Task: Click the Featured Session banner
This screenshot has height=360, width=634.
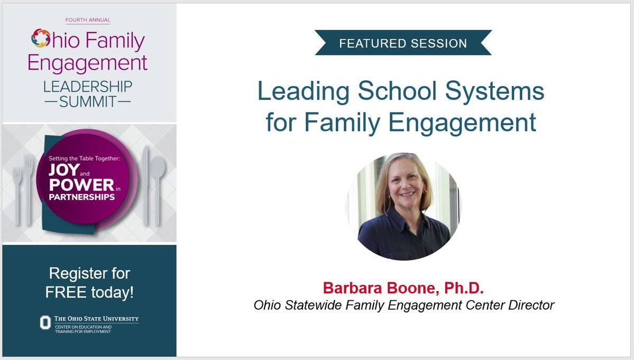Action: tap(403, 43)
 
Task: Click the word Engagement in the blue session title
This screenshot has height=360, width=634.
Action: tap(463, 122)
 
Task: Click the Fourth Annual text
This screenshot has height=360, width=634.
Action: tap(88, 20)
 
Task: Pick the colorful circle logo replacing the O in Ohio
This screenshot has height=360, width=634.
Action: tap(41, 39)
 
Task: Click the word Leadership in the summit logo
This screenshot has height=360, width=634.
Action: tap(88, 86)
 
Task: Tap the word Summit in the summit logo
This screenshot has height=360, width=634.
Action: tap(88, 101)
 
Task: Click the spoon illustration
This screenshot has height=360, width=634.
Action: tap(158, 185)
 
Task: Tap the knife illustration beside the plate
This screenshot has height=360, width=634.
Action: tap(145, 185)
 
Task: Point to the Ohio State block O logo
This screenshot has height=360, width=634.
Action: tap(45, 322)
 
